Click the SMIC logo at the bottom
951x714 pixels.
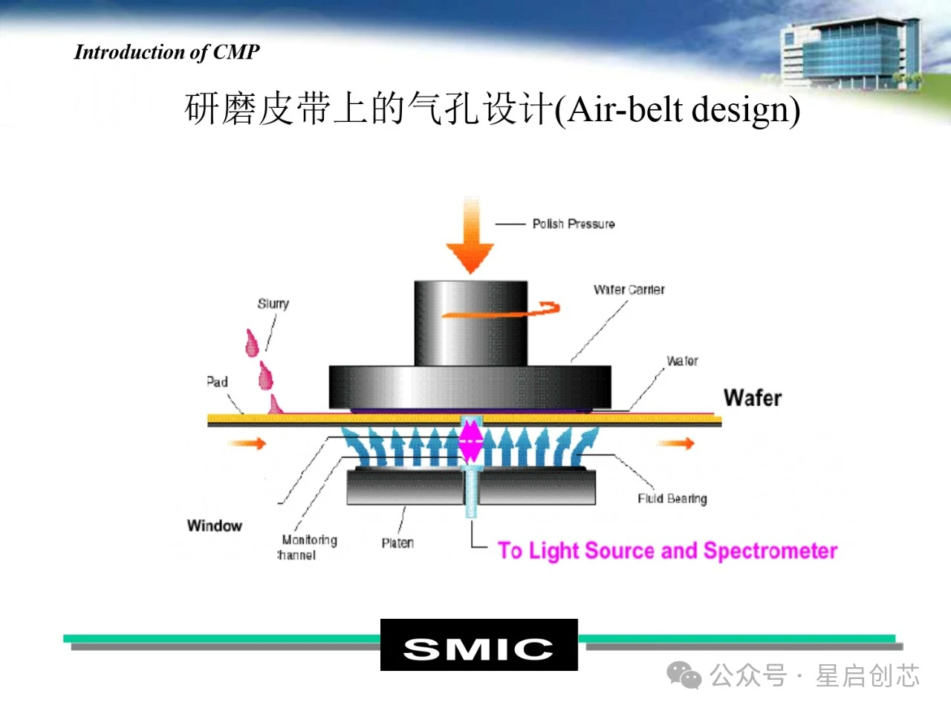[478, 646]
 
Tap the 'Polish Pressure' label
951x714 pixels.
[573, 224]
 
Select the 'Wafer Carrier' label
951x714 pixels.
[629, 289]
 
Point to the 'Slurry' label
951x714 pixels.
[273, 303]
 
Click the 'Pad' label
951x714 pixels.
[217, 382]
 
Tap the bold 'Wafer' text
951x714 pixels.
[752, 398]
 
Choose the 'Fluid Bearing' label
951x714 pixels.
[672, 498]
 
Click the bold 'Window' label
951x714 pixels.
[215, 526]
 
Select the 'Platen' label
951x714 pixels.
[397, 543]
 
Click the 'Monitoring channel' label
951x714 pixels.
[308, 547]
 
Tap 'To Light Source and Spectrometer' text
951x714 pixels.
[667, 551]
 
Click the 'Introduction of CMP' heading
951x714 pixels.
[167, 52]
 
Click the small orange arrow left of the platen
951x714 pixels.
[247, 444]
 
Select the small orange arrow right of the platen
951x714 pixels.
[675, 444]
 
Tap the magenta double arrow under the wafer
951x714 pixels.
[470, 442]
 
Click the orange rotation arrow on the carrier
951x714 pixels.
[502, 311]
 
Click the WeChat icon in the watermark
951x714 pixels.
[684, 675]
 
